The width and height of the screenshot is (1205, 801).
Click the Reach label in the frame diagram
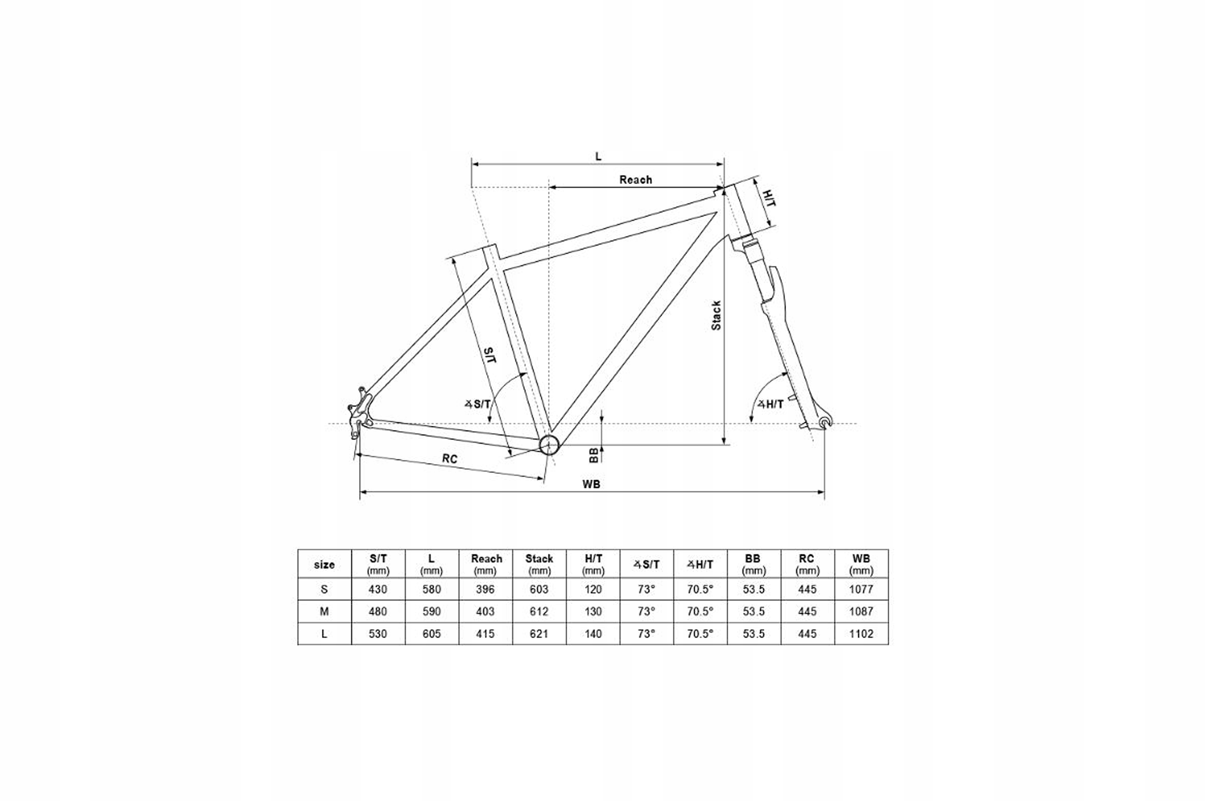(635, 180)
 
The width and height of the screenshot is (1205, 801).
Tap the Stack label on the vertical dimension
(716, 315)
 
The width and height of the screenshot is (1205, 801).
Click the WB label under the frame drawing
(591, 484)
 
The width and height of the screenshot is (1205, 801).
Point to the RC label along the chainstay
(450, 459)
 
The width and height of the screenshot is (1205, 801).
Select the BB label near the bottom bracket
(594, 455)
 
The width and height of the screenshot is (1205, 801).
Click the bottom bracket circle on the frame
(549, 445)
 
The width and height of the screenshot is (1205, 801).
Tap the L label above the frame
(598, 156)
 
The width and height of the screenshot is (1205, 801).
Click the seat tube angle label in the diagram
(478, 405)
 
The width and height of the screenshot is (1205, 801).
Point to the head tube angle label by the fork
(771, 405)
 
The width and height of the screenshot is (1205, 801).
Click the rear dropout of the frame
(359, 419)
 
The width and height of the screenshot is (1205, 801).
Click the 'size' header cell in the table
(324, 564)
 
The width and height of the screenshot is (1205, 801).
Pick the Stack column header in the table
(539, 563)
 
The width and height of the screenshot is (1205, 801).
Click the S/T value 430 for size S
(378, 589)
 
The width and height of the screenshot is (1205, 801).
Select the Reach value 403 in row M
(485, 611)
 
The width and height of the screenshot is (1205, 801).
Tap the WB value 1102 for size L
(861, 633)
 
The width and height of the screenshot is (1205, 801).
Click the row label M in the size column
(324, 611)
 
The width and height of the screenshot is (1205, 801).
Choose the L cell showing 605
(431, 633)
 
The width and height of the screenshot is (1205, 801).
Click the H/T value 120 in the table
(593, 589)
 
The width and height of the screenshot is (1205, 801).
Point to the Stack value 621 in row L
(539, 633)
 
